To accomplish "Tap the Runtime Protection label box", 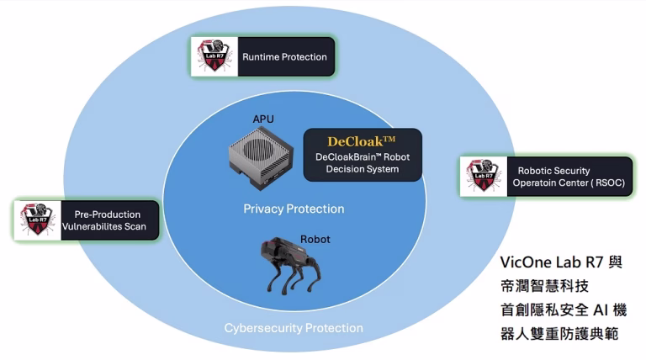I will coord(284,57).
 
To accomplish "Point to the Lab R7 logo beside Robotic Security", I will coord(484,177).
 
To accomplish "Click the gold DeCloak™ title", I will coord(362,140).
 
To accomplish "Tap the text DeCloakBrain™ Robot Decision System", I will coord(362,163).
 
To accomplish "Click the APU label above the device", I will coord(263,119).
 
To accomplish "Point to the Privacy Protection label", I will coord(294,209).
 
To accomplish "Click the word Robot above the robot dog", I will coord(315,239).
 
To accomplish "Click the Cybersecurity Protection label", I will coord(294,328).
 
